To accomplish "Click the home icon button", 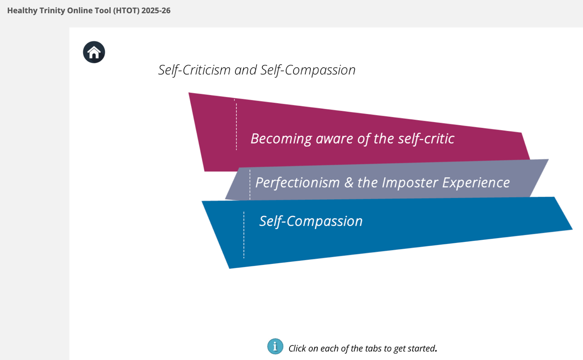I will click(x=94, y=52).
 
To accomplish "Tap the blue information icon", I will click(x=275, y=346).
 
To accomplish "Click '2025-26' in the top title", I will click(x=156, y=11).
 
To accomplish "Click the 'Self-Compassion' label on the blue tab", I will click(x=311, y=221).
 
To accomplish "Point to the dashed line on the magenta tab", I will click(x=236, y=125).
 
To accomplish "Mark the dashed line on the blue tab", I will click(x=244, y=235).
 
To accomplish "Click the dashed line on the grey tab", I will click(x=250, y=184).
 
